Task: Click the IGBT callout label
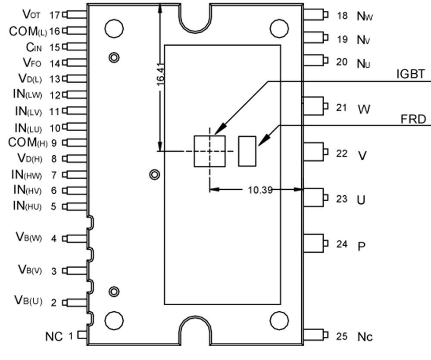(x=410, y=74)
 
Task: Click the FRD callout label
(x=413, y=119)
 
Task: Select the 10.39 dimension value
(x=260, y=189)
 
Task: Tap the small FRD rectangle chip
(x=247, y=150)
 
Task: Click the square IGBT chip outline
(x=210, y=151)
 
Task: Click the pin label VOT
(x=31, y=15)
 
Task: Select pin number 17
(x=54, y=15)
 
